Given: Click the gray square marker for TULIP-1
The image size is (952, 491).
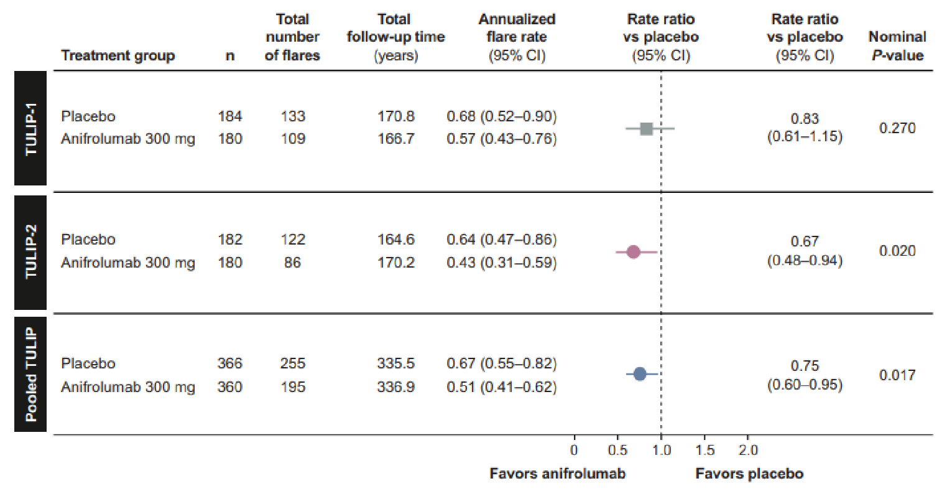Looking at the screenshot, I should click(647, 129).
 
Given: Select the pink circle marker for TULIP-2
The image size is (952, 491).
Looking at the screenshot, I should click(634, 252).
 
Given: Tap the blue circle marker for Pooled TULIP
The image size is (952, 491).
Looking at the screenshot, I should click(640, 374).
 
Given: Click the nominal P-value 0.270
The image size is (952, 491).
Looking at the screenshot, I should click(897, 128).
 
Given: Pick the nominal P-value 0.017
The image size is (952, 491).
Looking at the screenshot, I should click(897, 375).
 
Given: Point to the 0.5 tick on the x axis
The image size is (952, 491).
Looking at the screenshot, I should click(617, 450).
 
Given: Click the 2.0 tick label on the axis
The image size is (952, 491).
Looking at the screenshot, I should click(747, 450).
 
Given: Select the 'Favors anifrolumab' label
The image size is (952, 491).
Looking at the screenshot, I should click(557, 474).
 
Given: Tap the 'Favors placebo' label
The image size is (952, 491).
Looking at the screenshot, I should click(749, 474).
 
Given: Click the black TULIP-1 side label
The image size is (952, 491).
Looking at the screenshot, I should click(30, 128).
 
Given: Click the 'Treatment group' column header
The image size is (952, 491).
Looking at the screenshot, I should click(118, 55).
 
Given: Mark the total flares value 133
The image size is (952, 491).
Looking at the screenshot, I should click(292, 116).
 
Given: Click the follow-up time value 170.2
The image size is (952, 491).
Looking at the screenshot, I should click(395, 263).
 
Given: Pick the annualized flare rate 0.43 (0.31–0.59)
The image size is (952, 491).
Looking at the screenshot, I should click(501, 263).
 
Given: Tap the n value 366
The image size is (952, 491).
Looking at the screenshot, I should click(229, 363).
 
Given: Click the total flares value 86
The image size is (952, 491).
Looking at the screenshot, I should click(292, 263).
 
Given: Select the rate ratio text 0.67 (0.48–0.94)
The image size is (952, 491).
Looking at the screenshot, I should click(805, 251).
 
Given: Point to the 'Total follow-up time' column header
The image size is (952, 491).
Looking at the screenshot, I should click(395, 37).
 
